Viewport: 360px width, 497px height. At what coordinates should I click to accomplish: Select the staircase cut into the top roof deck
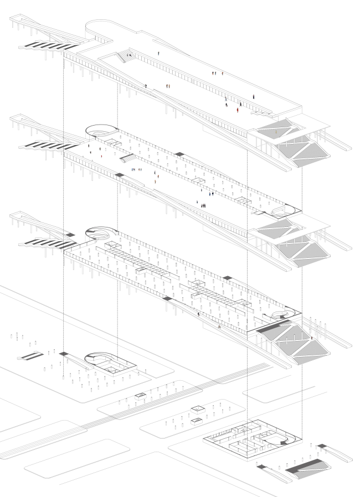click(x=124, y=55)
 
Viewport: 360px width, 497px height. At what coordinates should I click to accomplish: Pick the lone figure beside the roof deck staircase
click(x=159, y=53)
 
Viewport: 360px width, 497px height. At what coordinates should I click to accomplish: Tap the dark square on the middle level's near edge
click(x=119, y=175)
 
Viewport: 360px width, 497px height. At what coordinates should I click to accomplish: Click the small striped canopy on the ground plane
click(x=31, y=355)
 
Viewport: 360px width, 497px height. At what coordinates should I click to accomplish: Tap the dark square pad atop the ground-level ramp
click(x=65, y=354)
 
